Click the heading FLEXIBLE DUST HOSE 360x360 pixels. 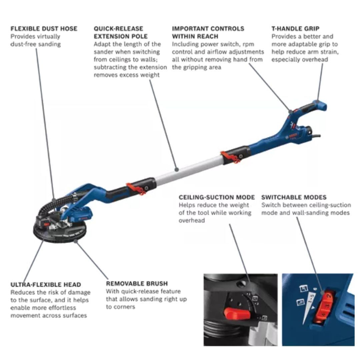(x=44, y=29)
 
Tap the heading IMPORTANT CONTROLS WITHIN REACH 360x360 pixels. (x=208, y=32)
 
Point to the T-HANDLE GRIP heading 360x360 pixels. (x=295, y=29)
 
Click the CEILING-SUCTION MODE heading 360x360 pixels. (x=217, y=197)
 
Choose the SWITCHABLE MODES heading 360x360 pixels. (x=294, y=197)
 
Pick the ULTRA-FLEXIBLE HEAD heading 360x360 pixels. (x=46, y=285)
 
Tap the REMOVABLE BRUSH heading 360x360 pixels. (x=137, y=284)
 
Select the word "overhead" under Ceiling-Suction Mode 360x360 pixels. (x=192, y=220)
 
